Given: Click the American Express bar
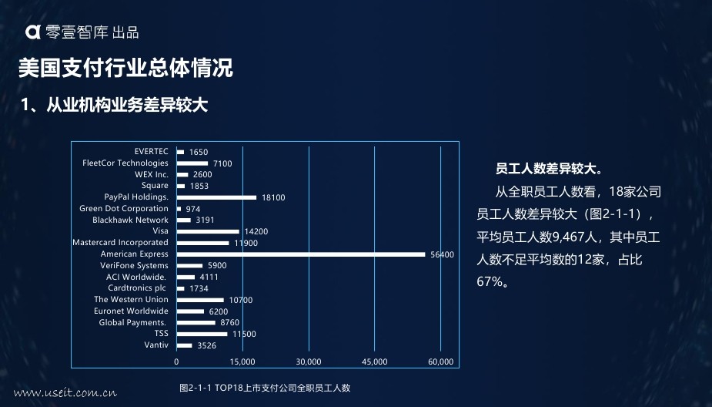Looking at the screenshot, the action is tap(301, 254).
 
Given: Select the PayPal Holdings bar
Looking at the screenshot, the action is tap(216, 197).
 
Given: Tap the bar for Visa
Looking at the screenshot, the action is tap(208, 231).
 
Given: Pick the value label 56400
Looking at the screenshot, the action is tap(442, 254).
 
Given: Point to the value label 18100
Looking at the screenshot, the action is tap(273, 198).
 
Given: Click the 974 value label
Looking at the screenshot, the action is tap(193, 209).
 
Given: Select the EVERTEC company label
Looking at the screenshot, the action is tap(151, 151).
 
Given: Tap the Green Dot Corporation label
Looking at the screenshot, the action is tap(123, 208).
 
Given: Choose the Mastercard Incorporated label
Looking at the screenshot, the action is tap(120, 242).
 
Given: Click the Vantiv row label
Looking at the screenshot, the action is tap(156, 345).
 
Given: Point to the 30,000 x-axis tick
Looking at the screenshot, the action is tap(309, 362).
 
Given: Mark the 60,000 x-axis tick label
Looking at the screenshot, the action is tap(441, 362).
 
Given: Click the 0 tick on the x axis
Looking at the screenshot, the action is tap(176, 362).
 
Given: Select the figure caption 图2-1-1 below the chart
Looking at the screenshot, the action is tap(265, 388).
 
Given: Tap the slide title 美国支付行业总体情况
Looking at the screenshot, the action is tap(125, 68).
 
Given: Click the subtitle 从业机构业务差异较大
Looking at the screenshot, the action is tap(127, 105).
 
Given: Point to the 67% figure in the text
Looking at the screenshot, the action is tap(490, 281).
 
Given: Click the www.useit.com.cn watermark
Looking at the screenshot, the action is tap(65, 393).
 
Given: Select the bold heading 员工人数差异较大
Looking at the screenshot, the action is tap(549, 169).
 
